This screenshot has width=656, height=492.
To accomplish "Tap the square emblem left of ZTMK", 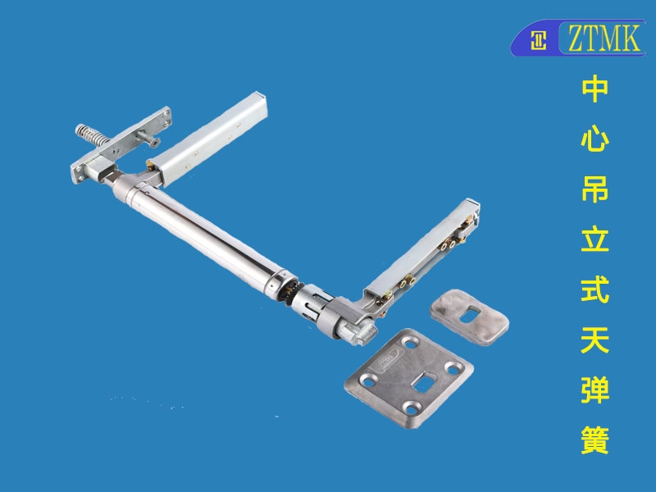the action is click(538, 40).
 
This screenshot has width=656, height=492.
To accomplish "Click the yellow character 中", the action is click(594, 89).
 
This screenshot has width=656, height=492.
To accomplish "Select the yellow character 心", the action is click(594, 139).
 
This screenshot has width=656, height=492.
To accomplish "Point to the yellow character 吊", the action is click(594, 189).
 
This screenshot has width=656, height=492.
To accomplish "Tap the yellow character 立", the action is click(594, 239).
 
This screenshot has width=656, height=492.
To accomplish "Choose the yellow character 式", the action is click(594, 289).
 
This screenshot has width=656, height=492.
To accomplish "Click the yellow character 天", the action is click(594, 339).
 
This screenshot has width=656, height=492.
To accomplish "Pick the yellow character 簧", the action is click(594, 440).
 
